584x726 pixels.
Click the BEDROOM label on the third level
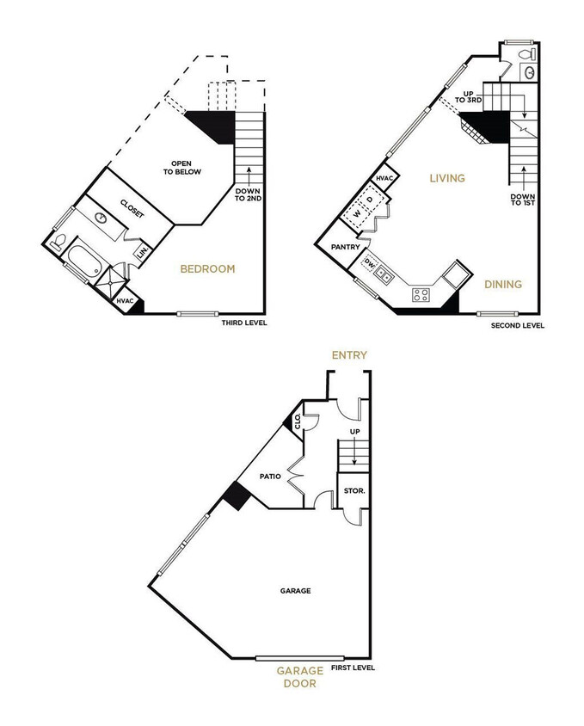pos(206,269)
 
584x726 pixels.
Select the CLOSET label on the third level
pos(132,207)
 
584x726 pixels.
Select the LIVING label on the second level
pos(447,178)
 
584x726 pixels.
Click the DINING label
pos(503,284)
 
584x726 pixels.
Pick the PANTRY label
pos(344,247)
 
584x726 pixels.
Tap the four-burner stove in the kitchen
pos(421,295)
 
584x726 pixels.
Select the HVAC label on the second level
pos(384,178)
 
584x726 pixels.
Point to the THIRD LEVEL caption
pos(244,323)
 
